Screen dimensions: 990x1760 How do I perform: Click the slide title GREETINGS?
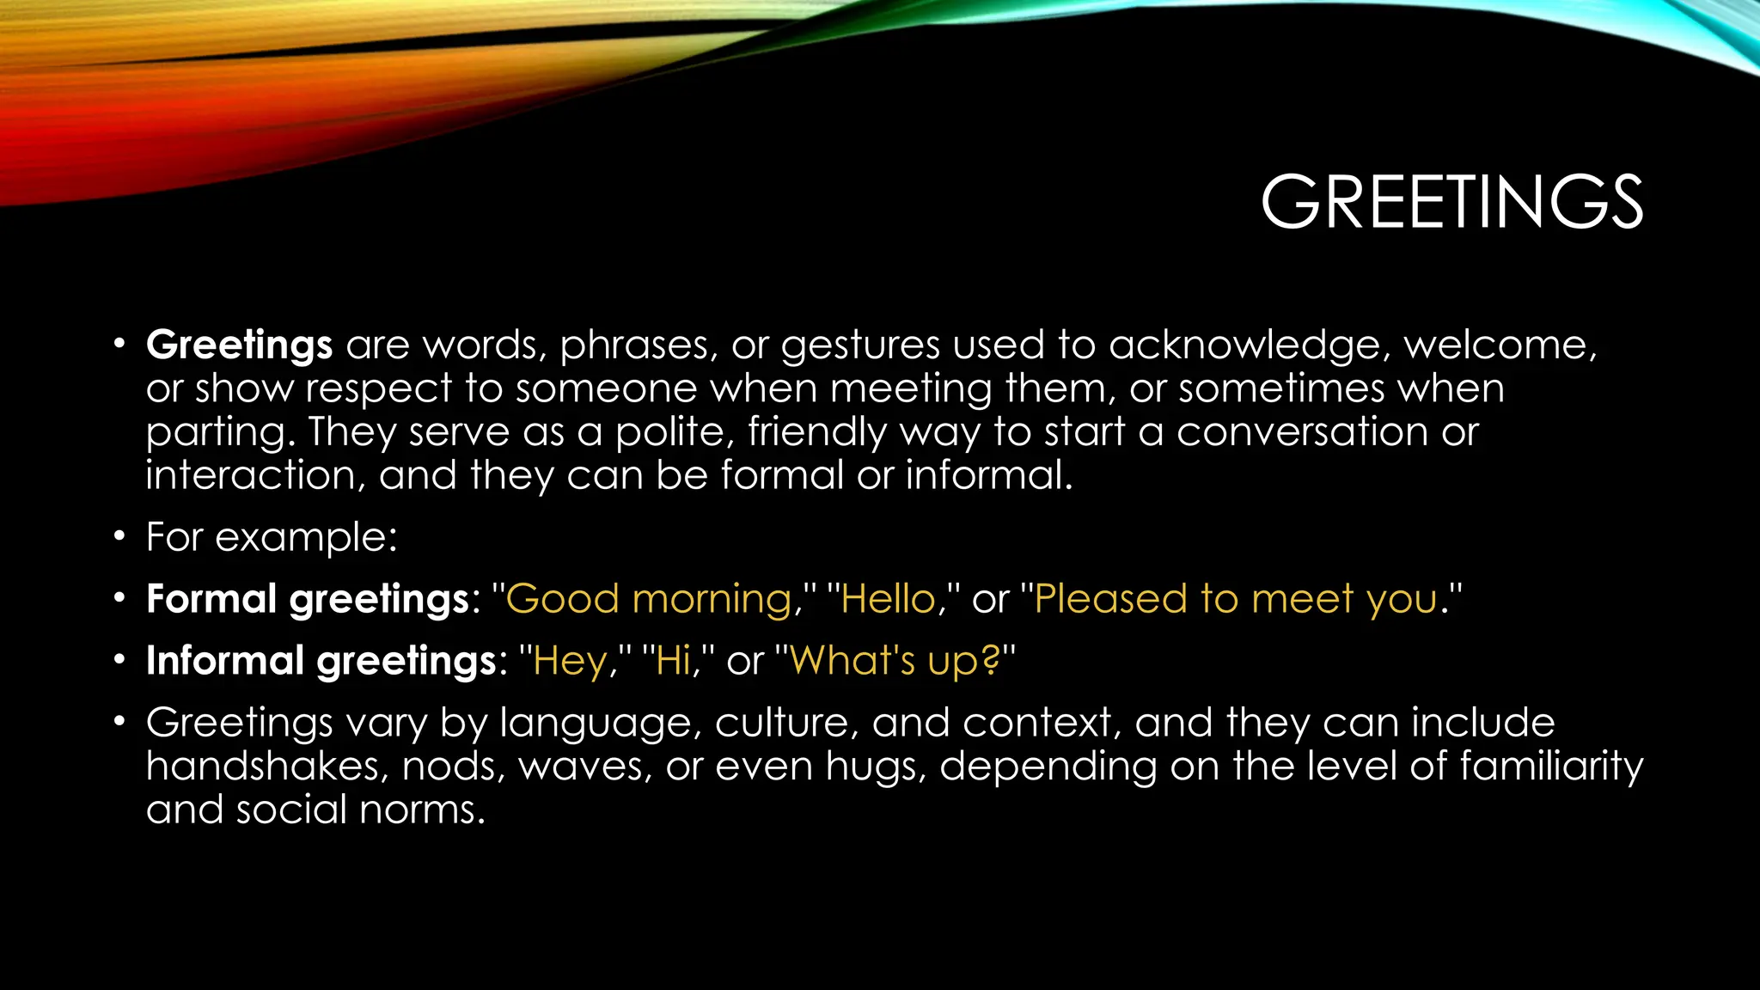(1451, 203)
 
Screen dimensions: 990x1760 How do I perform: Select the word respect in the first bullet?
(378, 389)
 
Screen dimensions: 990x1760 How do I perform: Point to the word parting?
(219, 432)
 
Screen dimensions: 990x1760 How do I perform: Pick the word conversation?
(1302, 431)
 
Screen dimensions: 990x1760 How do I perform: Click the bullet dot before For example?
(119, 537)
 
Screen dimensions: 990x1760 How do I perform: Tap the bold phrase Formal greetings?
(308, 599)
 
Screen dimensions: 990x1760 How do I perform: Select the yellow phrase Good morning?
(648, 599)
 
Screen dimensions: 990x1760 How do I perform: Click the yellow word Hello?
(888, 599)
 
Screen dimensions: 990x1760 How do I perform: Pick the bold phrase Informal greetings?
(321, 661)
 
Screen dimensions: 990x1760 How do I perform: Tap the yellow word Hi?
(673, 661)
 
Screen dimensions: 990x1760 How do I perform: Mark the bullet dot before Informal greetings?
(119, 661)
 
